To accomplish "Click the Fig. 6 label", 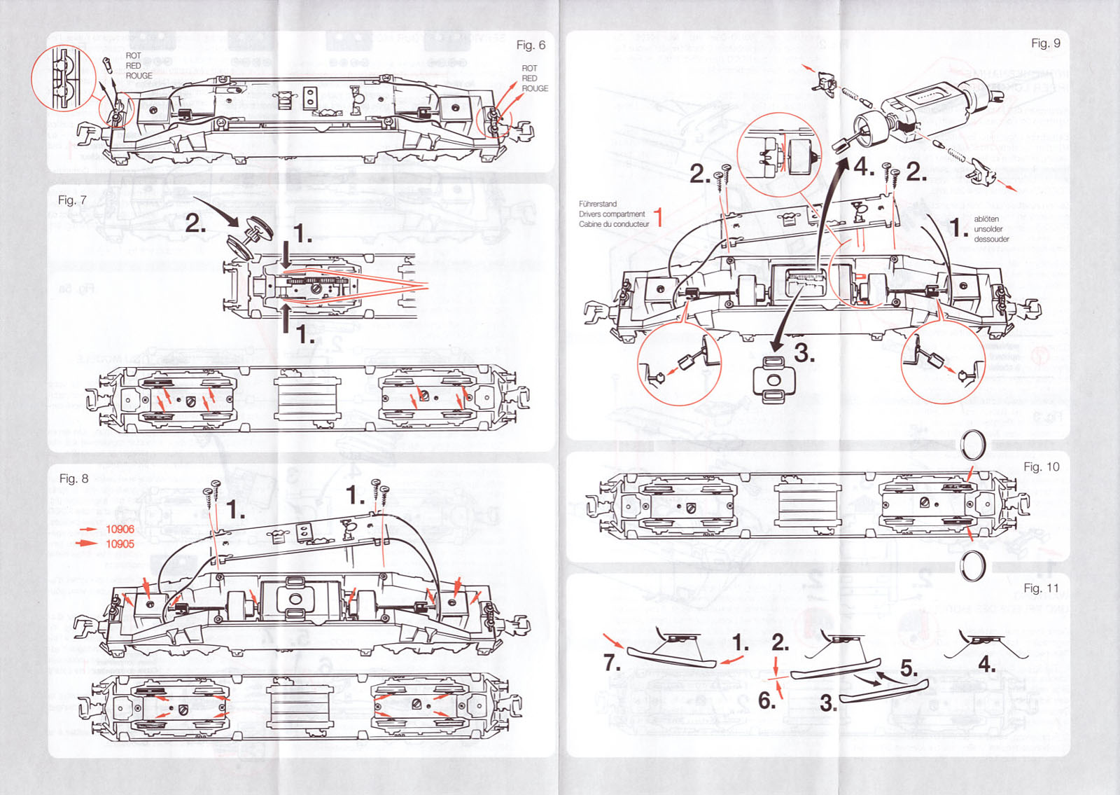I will (530, 46).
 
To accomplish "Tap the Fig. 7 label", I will (72, 200).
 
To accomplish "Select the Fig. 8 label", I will (73, 478).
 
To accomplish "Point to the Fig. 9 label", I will (1045, 43).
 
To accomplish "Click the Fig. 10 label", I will (1041, 466).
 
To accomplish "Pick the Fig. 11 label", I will (1041, 588).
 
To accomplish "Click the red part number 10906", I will (120, 530).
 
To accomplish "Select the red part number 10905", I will (120, 544).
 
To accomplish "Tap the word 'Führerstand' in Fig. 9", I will (598, 204).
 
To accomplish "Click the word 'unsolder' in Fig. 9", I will (988, 229).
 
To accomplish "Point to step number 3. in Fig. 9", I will (804, 354).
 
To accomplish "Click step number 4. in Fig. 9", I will (863, 167).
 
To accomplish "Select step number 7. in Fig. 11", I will (612, 662).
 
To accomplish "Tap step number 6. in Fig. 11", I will (766, 700).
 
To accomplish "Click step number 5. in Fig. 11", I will (908, 668).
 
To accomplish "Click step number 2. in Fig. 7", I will (195, 223).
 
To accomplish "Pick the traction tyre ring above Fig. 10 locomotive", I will (972, 444).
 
